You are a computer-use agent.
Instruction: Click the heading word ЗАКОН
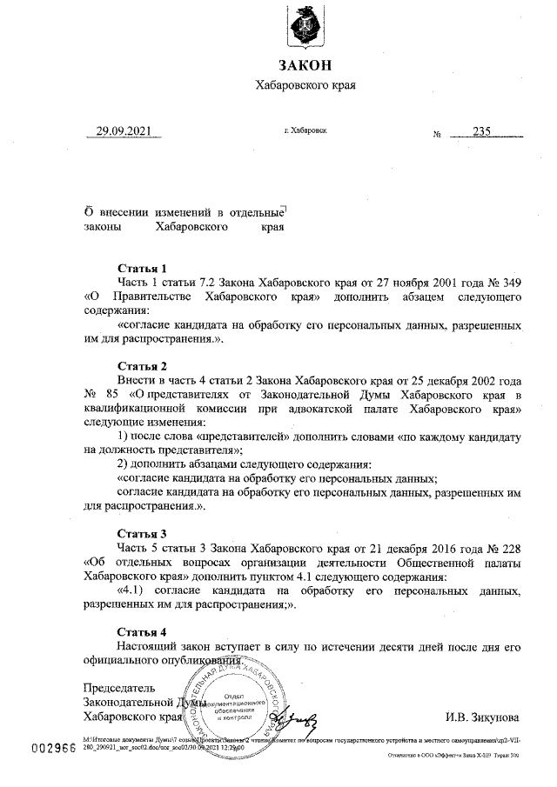click(305, 66)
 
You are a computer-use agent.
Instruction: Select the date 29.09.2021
click(124, 131)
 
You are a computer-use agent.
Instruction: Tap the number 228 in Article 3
click(510, 548)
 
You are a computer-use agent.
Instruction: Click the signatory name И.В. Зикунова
click(482, 718)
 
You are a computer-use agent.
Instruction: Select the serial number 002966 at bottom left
click(54, 750)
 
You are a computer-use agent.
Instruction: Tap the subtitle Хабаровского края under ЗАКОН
click(305, 85)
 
